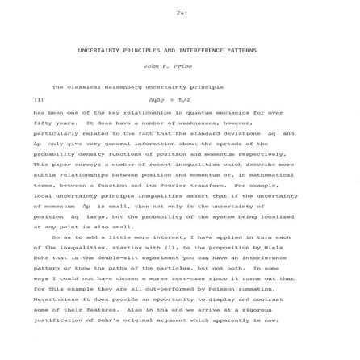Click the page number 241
(181, 12)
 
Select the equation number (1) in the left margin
(38, 100)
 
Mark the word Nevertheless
(56, 299)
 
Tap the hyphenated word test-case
(172, 278)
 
